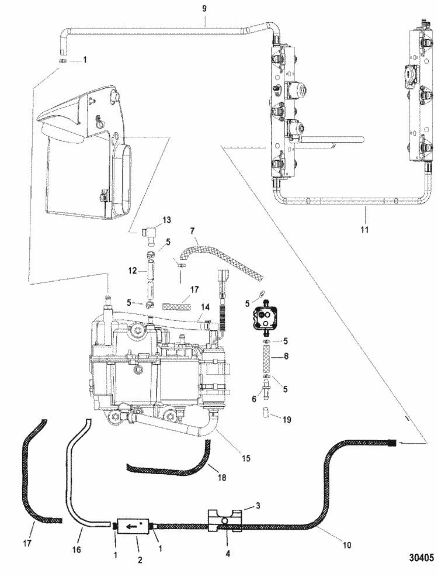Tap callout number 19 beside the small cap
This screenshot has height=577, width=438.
[x=286, y=419]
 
